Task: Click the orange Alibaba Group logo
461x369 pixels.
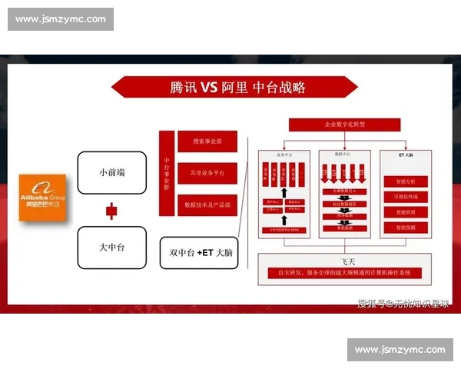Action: pos(42,198)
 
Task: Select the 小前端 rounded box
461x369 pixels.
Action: pos(112,172)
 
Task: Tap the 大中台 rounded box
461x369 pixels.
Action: pos(112,247)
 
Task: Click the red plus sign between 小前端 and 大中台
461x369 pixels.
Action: pos(111,210)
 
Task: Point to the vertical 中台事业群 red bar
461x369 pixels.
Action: pos(166,174)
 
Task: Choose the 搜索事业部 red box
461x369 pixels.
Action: pos(207,141)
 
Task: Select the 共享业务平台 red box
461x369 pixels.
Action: pos(207,174)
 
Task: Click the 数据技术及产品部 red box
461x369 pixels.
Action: pos(207,205)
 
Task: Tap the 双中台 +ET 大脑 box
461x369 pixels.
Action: pos(200,252)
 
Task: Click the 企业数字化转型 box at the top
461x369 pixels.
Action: pos(344,125)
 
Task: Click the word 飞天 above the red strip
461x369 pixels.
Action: pos(345,261)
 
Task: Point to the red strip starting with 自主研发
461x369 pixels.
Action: pos(345,273)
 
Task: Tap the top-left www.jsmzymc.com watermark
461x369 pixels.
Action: pos(61,19)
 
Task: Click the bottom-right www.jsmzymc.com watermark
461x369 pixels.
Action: pos(400,350)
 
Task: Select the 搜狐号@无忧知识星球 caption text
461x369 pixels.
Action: pos(403,304)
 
